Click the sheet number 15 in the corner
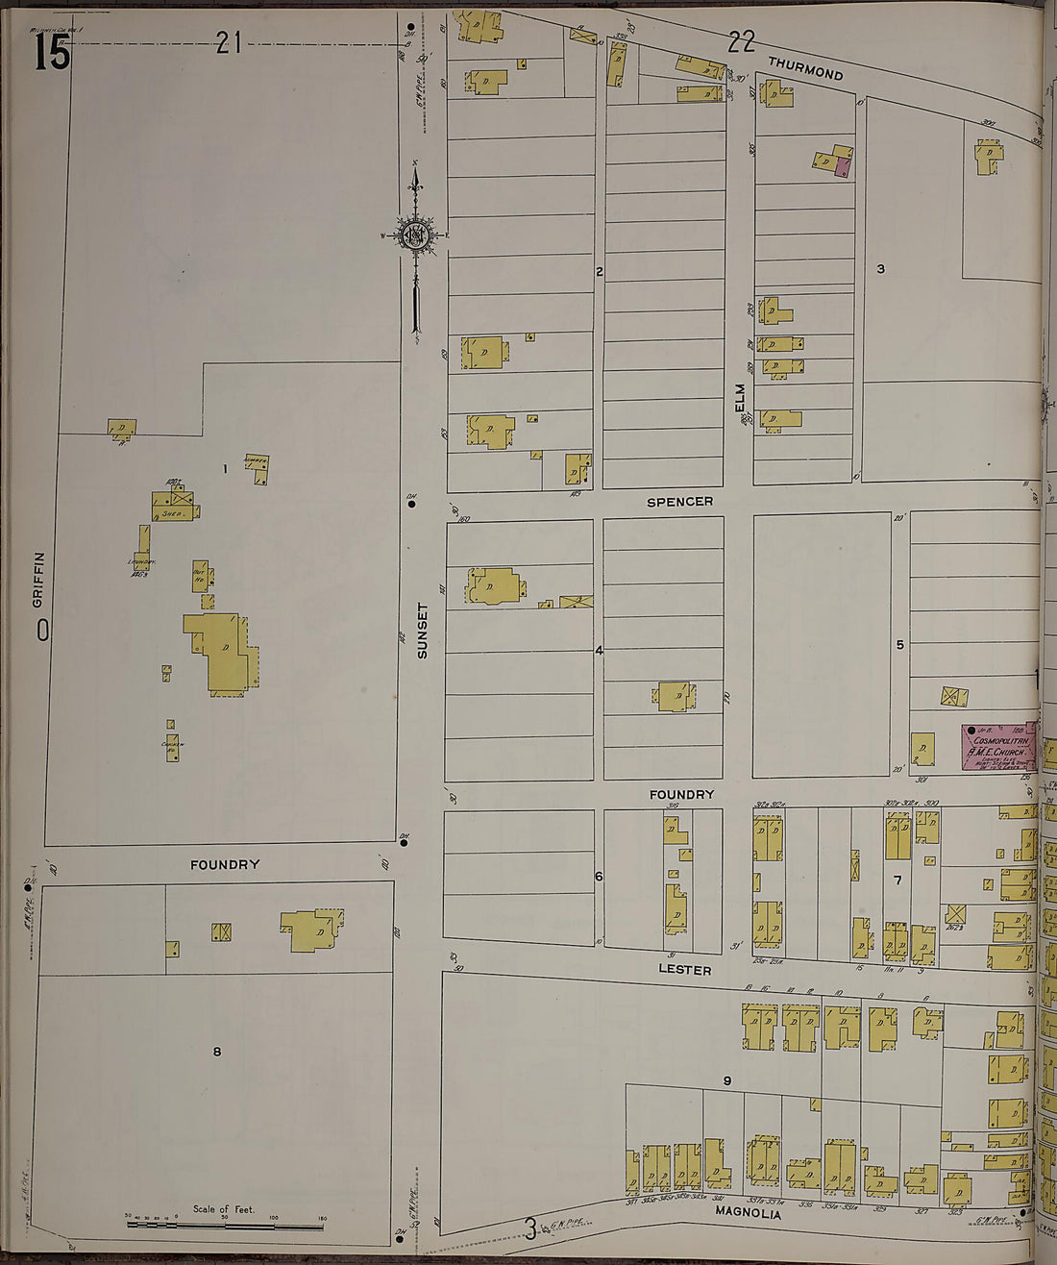coord(52,53)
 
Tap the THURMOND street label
coord(805,68)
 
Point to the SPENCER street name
coord(679,502)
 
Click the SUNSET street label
coord(422,631)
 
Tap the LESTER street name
coord(685,970)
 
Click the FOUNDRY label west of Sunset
coord(225,865)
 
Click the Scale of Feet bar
coord(225,1226)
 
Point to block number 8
coord(217,1052)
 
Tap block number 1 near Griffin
coord(225,469)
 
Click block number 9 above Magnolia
coord(727,1081)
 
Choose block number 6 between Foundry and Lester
coord(599,877)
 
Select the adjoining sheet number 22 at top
coord(741,41)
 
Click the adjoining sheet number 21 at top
coord(228,42)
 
